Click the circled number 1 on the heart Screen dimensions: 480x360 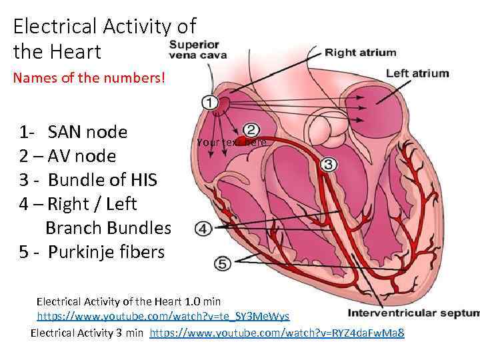click(209, 103)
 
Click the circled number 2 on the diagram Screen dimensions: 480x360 click(251, 129)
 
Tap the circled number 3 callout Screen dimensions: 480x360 click(328, 164)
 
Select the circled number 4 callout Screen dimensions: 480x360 click(203, 229)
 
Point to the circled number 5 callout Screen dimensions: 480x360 click(222, 264)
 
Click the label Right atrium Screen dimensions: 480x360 click(360, 52)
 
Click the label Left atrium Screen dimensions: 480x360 click(417, 73)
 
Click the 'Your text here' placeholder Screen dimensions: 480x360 click(231, 143)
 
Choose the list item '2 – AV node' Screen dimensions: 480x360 click(67, 156)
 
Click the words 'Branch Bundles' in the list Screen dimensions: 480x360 click(108, 228)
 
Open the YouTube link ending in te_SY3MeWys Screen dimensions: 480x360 click(163, 315)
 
